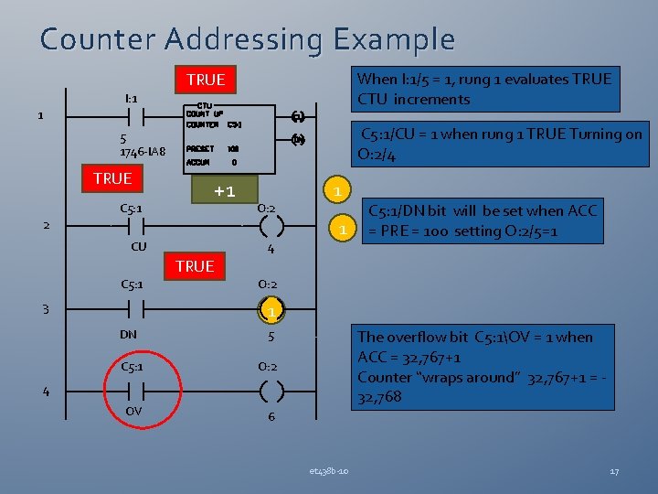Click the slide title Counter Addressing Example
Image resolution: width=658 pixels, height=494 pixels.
coord(247,39)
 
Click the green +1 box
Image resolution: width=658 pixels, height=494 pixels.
coord(225,190)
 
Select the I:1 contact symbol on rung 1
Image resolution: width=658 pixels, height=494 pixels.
coord(131,117)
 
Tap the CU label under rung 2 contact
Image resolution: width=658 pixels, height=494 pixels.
coord(139,246)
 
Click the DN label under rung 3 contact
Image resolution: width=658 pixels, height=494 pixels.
coord(129,334)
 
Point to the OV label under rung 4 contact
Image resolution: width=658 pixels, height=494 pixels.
coord(133,411)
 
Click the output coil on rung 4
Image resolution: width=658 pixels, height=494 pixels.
coord(271,392)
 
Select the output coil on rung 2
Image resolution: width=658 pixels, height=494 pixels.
coord(271,225)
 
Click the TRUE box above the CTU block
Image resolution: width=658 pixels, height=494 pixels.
coord(205,81)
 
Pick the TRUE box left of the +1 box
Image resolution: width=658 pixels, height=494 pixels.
coord(112,178)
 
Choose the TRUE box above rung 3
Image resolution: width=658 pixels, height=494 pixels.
coord(195,266)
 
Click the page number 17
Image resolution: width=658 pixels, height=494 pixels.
coord(614,471)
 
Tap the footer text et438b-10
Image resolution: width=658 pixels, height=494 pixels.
coord(328,471)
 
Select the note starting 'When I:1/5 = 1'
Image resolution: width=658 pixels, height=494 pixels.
coord(485,89)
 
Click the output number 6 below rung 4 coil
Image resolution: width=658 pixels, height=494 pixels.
coord(271,417)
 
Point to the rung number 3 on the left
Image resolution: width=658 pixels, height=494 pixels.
coord(45,309)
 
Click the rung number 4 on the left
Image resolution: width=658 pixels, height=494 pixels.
coord(45,392)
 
